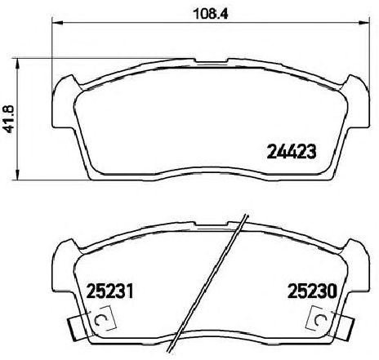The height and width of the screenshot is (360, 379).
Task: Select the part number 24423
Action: pos(292,150)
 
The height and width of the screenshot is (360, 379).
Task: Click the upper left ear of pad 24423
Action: pos(65,82)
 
